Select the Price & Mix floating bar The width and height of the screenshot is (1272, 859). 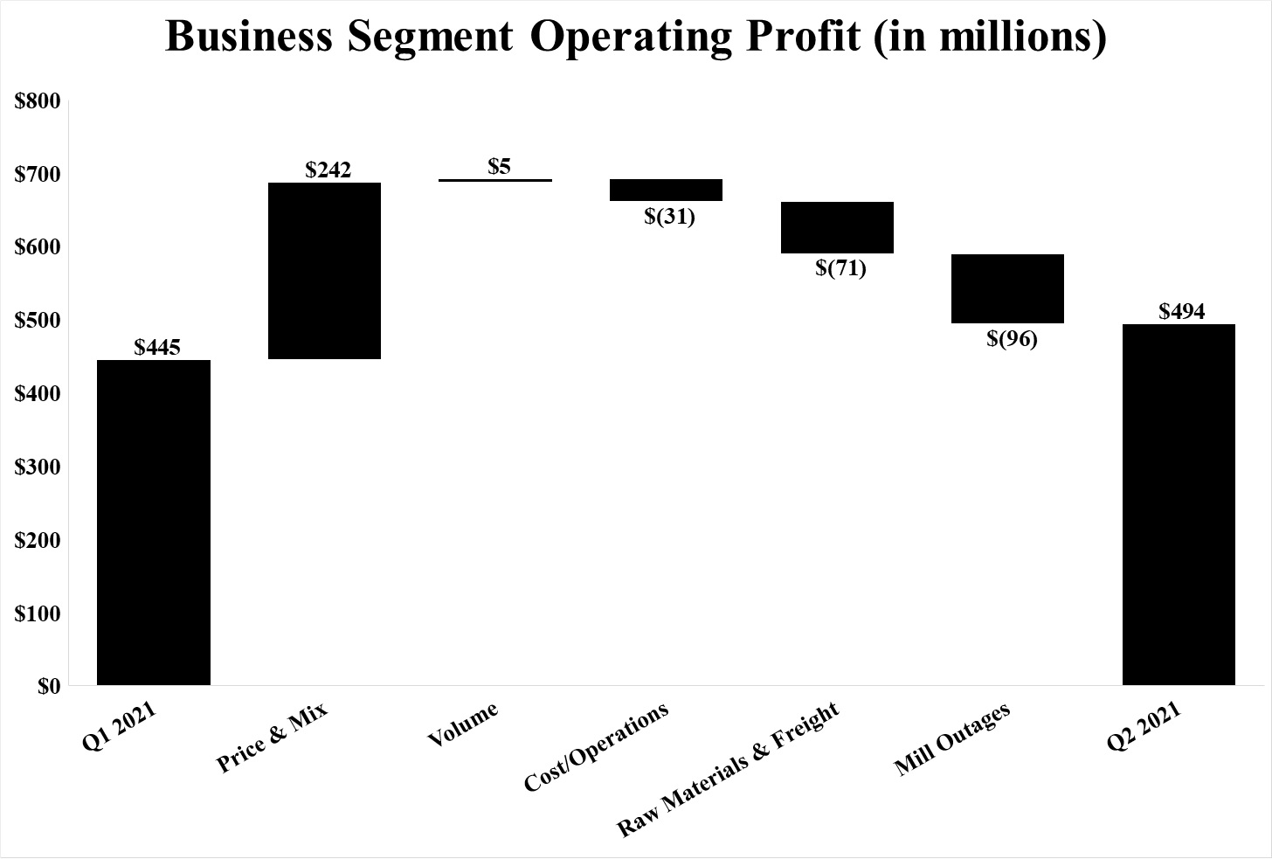pos(324,271)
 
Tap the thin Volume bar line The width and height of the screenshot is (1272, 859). pos(495,181)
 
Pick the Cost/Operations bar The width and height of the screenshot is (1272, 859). pos(666,191)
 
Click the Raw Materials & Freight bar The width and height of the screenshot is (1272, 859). pos(837,228)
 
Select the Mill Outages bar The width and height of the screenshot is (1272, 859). pos(1007,289)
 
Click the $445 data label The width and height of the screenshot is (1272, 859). pos(157,348)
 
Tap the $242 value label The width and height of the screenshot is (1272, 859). pos(328,170)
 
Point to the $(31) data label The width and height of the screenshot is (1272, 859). pos(670,217)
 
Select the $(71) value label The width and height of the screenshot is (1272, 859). pos(841,268)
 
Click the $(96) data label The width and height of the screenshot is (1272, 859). pos(1012,339)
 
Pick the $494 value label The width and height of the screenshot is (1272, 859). pos(1182,312)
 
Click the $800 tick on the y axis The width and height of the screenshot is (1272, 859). pos(38,101)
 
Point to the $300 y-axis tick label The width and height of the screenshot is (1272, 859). pos(38,468)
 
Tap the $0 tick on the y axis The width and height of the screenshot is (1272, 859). pos(49,687)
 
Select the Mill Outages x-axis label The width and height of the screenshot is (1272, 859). pos(952,739)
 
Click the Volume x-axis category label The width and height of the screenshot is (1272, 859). pos(463,724)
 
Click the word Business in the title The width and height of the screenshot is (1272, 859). pos(248,36)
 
